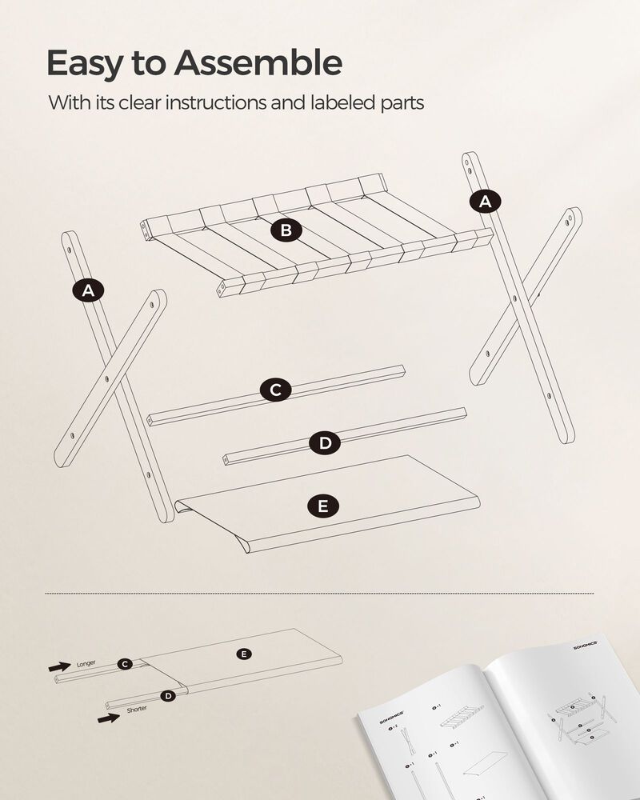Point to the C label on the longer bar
click(x=275, y=390)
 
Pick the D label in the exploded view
click(x=324, y=443)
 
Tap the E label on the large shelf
click(x=322, y=506)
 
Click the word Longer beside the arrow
click(x=86, y=664)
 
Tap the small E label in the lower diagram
click(x=244, y=654)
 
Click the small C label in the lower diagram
click(x=124, y=664)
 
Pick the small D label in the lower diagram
click(x=167, y=696)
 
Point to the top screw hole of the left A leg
click(x=70, y=250)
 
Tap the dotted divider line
click(x=320, y=594)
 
